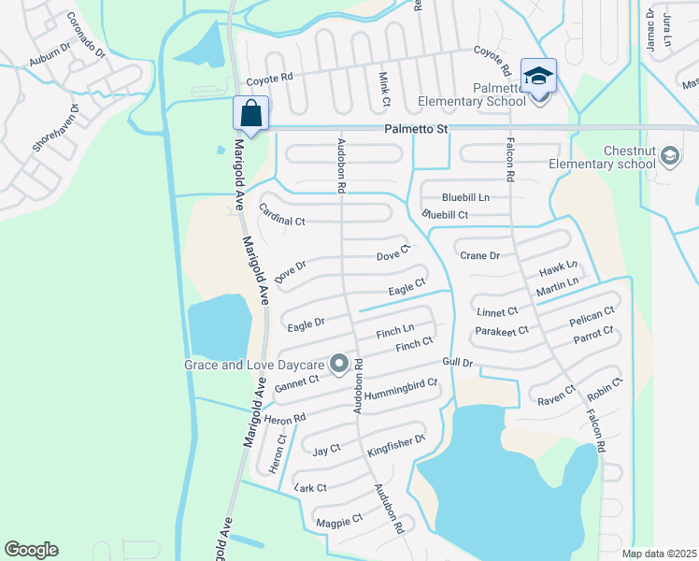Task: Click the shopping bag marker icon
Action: tap(251, 113)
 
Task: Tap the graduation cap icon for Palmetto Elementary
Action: tap(538, 76)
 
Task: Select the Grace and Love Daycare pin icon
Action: tap(339, 363)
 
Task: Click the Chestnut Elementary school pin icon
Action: tap(668, 157)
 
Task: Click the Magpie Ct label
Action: tap(339, 520)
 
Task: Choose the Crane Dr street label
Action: tap(480, 255)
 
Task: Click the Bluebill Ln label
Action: tap(466, 197)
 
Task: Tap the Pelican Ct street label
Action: tap(592, 316)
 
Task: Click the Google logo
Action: tap(31, 550)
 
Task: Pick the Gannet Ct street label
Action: tap(296, 383)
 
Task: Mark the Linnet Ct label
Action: tap(497, 311)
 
